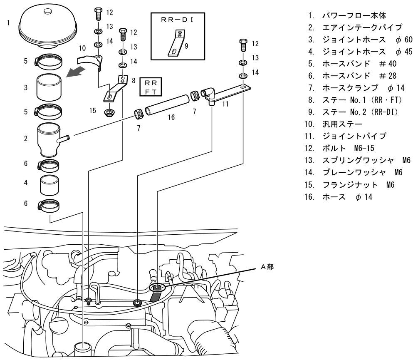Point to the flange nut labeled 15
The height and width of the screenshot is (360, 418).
coord(110,112)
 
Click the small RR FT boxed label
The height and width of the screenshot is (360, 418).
coord(149,87)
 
